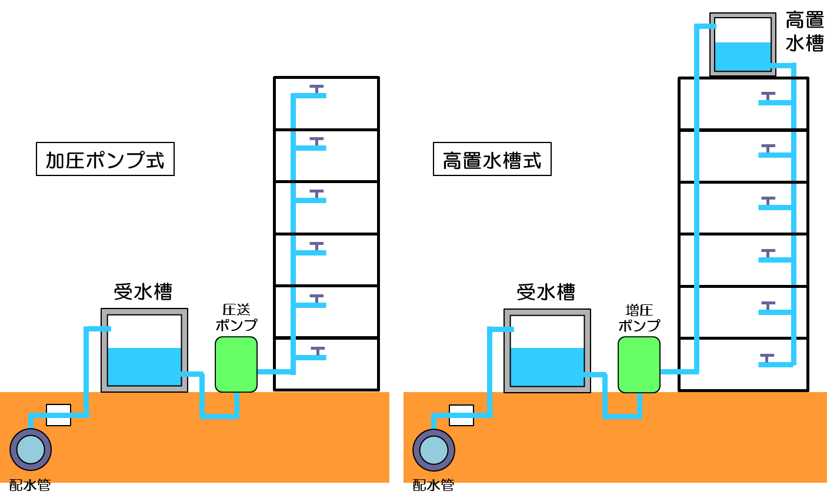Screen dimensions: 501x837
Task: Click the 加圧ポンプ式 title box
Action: click(105, 159)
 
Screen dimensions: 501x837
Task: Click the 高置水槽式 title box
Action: click(492, 159)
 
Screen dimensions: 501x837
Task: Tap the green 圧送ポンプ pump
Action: click(236, 364)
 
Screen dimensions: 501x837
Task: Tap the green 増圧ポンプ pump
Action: click(639, 364)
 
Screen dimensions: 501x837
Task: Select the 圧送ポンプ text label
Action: click(236, 317)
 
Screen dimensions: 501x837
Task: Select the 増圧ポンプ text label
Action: click(639, 317)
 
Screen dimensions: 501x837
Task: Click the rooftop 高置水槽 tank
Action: click(742, 44)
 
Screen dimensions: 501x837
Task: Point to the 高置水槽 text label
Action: click(805, 32)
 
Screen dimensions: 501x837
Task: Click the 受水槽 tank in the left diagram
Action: click(144, 350)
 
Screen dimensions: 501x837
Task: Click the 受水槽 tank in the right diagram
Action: click(547, 350)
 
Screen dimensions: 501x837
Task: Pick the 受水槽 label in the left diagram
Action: click(143, 291)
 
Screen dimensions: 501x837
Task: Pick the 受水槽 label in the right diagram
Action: click(546, 291)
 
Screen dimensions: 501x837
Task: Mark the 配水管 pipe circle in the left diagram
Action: click(31, 450)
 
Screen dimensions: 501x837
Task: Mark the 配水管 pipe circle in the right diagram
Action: click(433, 450)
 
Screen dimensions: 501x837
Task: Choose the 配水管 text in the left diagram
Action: click(30, 485)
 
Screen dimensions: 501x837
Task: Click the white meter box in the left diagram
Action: click(58, 414)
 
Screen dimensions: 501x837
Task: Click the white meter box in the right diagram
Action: click(461, 414)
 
